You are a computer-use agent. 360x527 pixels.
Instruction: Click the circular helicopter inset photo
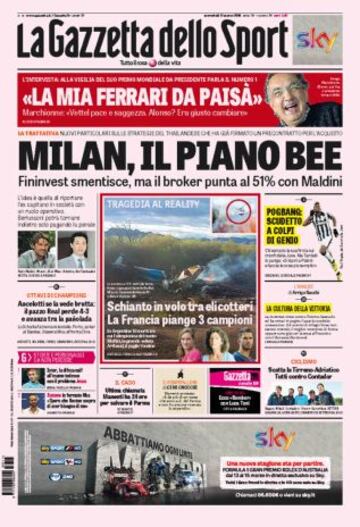coord(237,214)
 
